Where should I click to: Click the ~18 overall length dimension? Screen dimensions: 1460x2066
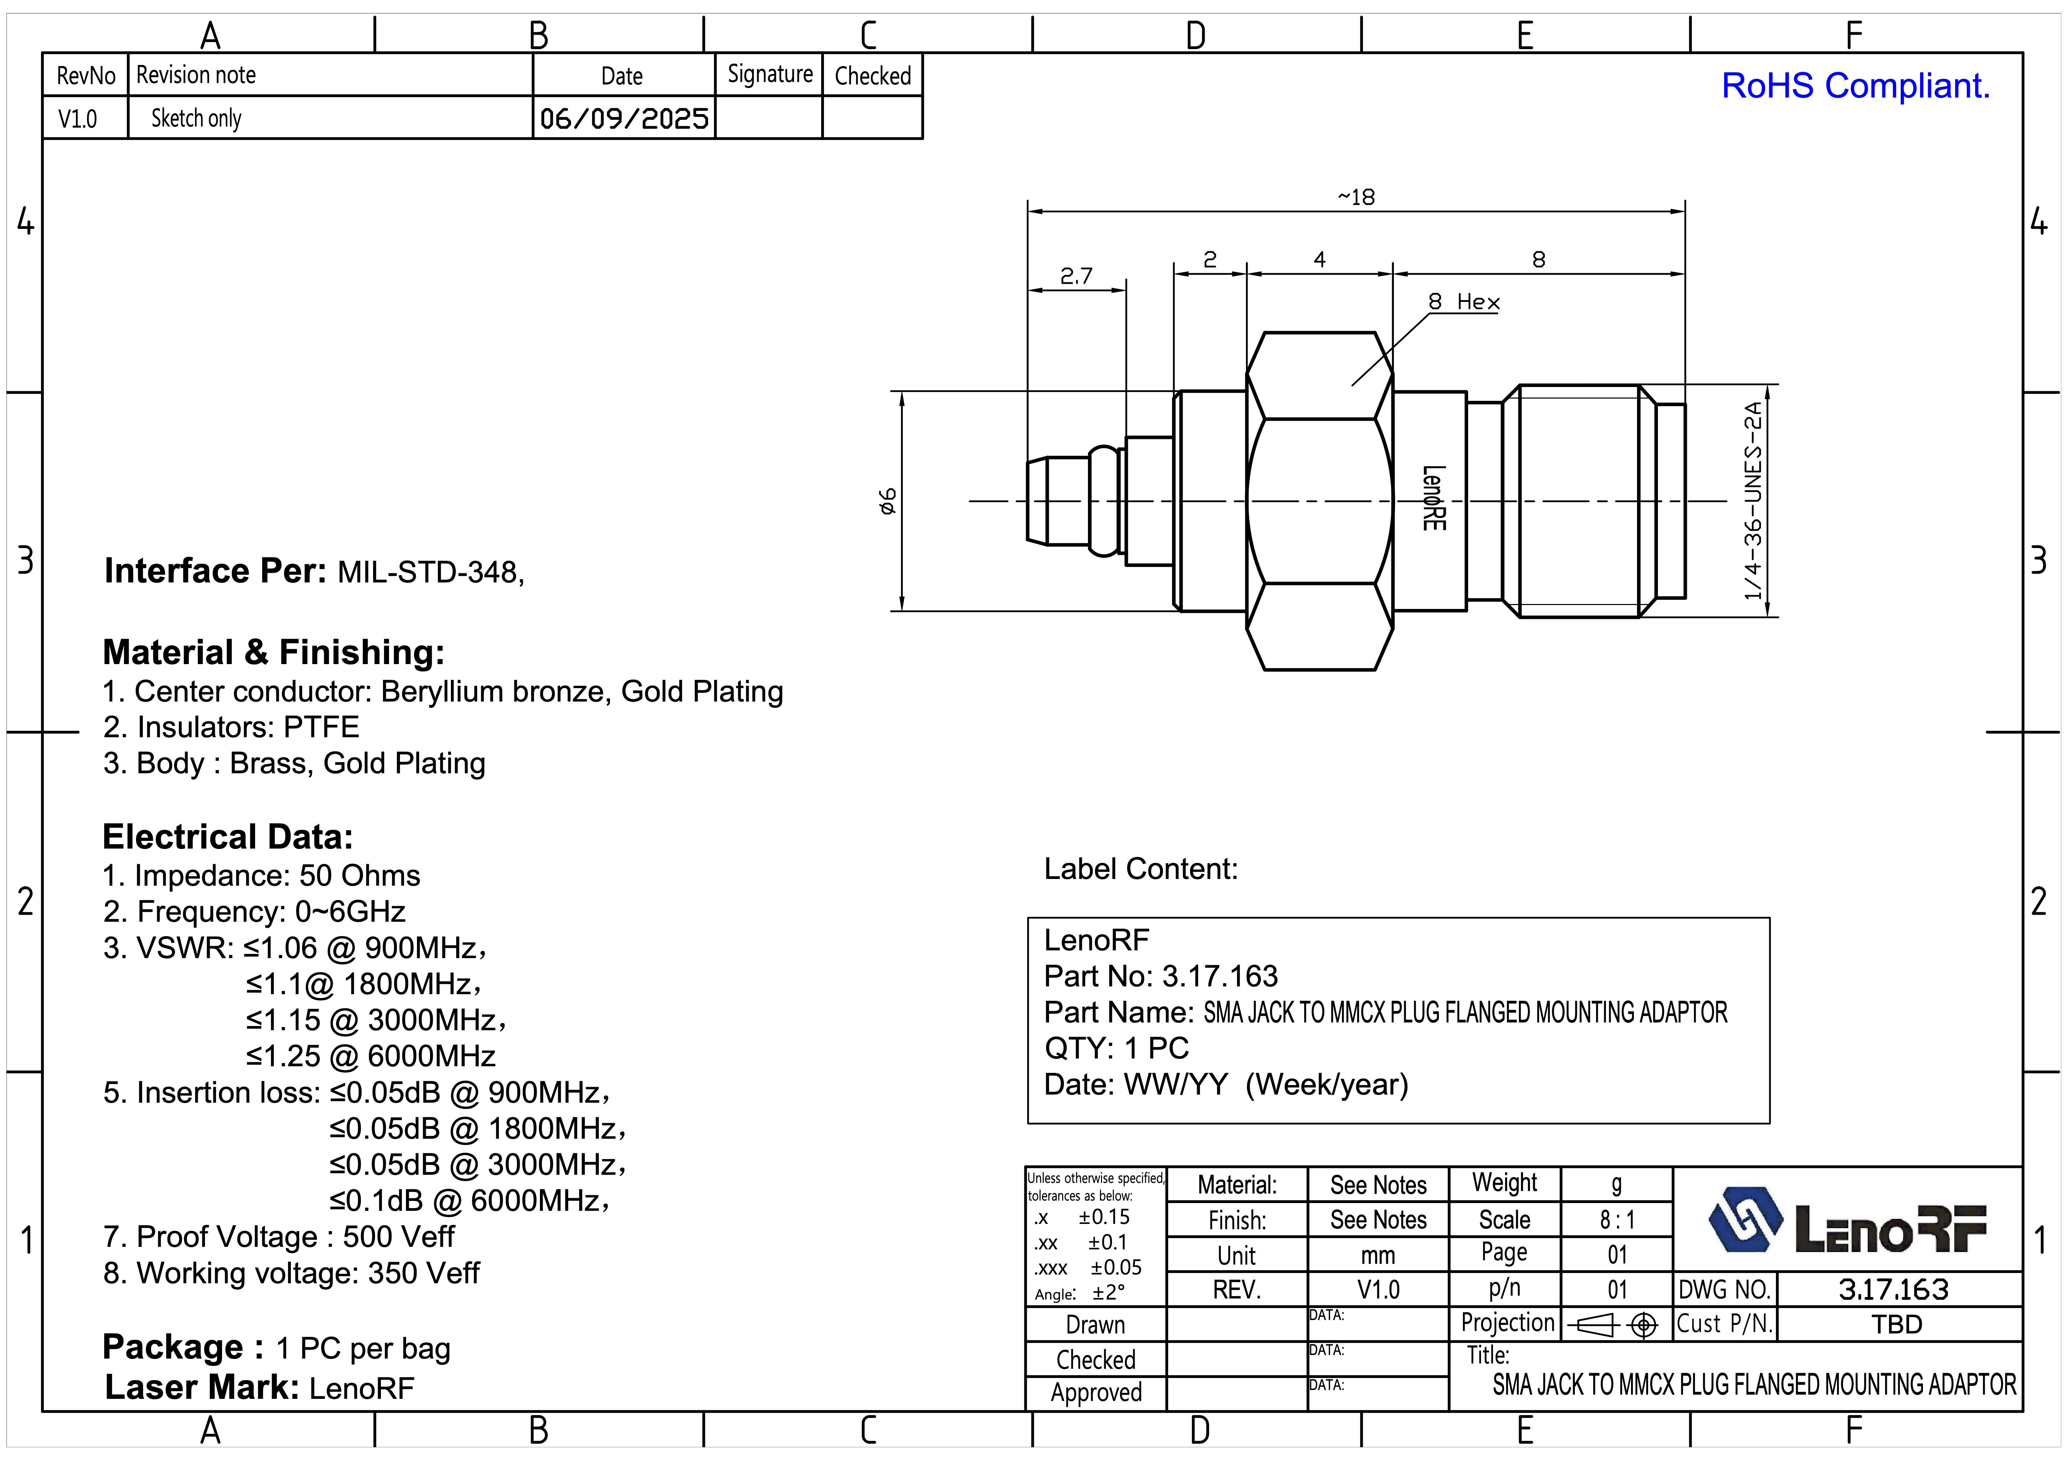[1356, 197]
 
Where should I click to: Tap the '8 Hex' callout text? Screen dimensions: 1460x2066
[1464, 303]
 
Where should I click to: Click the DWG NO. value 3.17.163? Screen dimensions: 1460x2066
[1893, 1290]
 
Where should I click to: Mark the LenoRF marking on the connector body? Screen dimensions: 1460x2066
[1434, 498]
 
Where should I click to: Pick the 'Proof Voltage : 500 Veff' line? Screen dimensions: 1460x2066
[279, 1237]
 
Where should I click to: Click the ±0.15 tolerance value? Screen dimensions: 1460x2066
[1104, 1217]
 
